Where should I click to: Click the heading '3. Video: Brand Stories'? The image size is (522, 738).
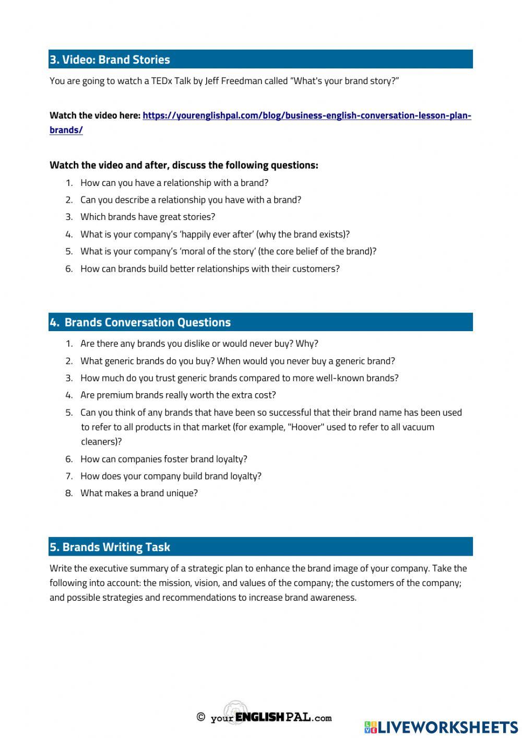click(x=110, y=60)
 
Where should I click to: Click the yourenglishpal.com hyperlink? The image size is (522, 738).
click(x=306, y=115)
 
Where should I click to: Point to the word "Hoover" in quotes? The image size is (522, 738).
click(x=306, y=427)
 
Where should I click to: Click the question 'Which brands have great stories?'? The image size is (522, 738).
click(x=148, y=217)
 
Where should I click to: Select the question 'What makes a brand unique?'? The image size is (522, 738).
click(x=139, y=493)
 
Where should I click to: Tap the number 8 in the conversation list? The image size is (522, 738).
click(x=68, y=493)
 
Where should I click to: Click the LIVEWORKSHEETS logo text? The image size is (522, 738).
click(x=447, y=727)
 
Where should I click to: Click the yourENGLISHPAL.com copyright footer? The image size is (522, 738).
click(x=265, y=717)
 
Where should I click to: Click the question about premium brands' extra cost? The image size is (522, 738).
click(x=178, y=395)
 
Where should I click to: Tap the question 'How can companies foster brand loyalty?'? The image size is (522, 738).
click(x=163, y=459)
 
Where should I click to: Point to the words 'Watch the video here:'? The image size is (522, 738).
click(x=94, y=115)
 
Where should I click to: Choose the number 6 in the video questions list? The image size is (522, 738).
click(x=68, y=269)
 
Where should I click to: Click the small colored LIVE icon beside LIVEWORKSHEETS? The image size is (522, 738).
click(x=371, y=727)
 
